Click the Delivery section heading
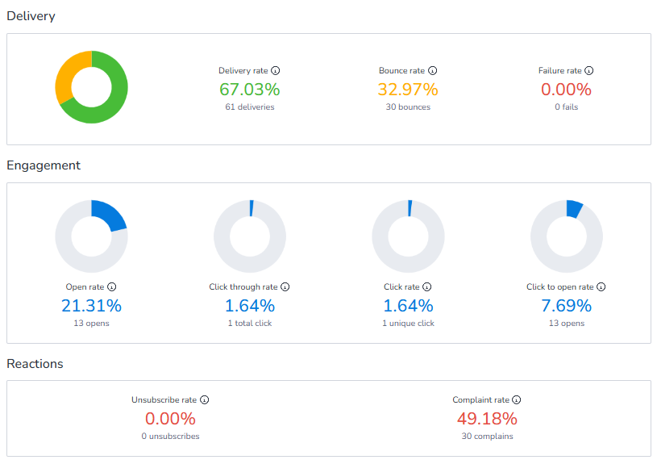pos(31,16)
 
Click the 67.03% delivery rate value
pos(249,89)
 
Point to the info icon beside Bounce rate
pos(433,71)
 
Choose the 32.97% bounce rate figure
pos(408,89)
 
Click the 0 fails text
pos(566,107)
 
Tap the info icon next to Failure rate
pos(589,71)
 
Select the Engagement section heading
pos(44,165)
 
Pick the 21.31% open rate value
pos(91,306)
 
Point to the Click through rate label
pos(243,287)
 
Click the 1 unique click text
pos(408,324)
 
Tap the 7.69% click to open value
pos(566,306)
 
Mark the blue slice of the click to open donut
pos(574,209)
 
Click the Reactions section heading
pos(35,364)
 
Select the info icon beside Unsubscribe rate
pos(205,400)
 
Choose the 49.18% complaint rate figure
pos(486,419)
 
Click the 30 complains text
pos(486,437)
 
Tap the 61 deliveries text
pos(249,107)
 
